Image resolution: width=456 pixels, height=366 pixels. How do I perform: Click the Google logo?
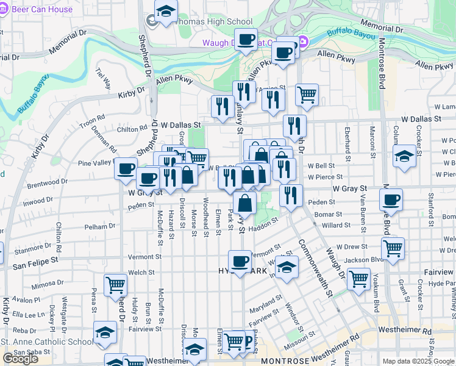21,359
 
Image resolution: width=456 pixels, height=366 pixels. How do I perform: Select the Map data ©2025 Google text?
418,361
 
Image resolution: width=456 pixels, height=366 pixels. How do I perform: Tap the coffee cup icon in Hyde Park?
240,261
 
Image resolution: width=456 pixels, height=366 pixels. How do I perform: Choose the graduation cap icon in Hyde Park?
287,267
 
